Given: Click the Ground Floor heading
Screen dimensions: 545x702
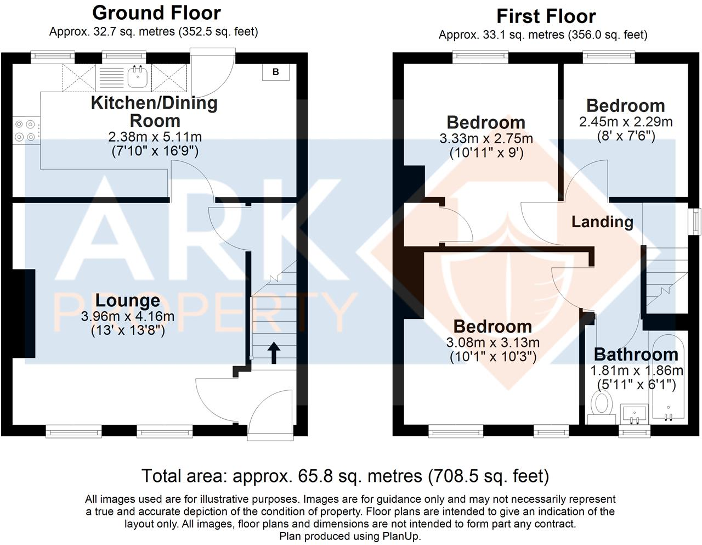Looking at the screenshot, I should [x=156, y=13].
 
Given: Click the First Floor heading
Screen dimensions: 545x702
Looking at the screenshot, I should [x=546, y=16].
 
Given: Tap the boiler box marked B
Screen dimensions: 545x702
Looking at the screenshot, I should [x=276, y=72].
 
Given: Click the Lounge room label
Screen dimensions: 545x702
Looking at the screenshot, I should [x=128, y=300].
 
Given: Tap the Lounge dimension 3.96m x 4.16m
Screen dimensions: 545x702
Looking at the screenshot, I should [x=128, y=316].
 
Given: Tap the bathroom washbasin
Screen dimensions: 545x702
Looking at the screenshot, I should [x=634, y=413].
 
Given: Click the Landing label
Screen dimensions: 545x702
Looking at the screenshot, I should [x=602, y=222].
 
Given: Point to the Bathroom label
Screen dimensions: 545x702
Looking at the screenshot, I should [x=636, y=355].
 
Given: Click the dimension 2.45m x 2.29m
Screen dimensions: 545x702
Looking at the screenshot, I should [x=626, y=122].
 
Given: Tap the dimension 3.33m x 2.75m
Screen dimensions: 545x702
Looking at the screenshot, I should [x=486, y=139].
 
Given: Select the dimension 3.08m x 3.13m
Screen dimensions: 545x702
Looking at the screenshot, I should [x=492, y=343].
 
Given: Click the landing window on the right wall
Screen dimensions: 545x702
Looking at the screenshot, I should [x=695, y=222].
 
